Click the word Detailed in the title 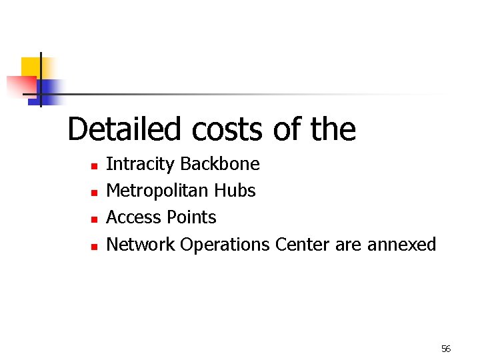[125, 129]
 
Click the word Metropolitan [157, 191]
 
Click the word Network [140, 245]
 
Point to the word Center [302, 245]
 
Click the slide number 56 [446, 349]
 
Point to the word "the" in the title [333, 129]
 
